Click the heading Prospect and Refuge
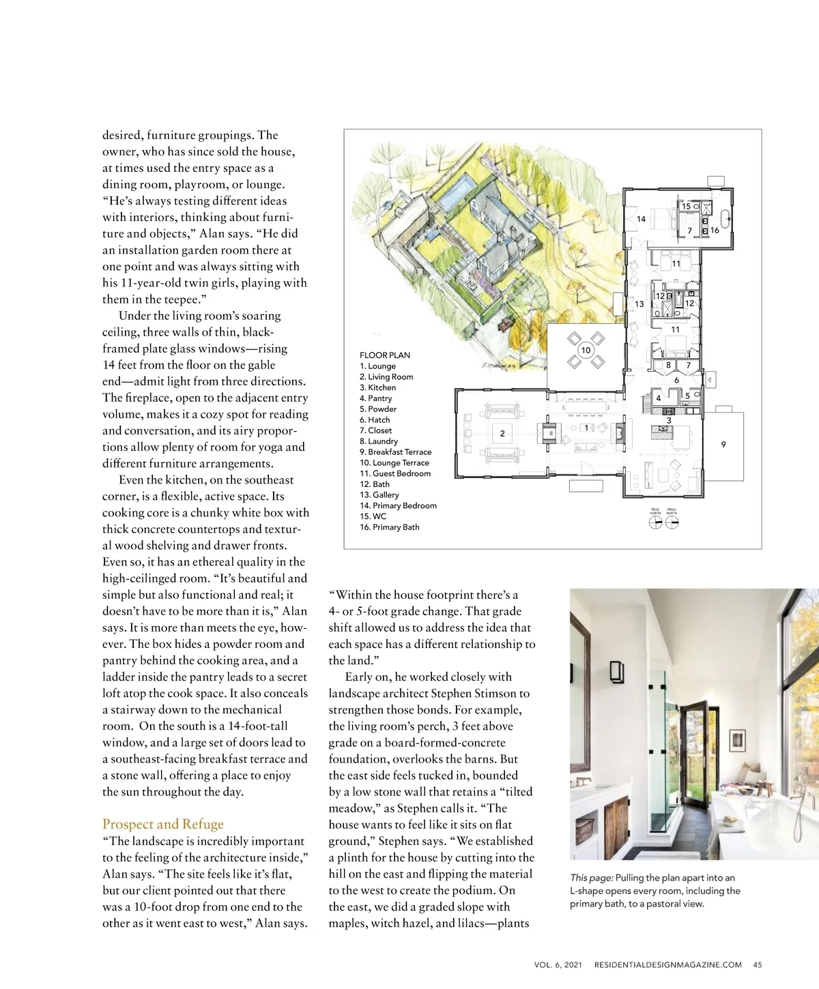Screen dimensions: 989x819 click(x=163, y=824)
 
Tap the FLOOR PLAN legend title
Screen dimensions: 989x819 click(x=385, y=355)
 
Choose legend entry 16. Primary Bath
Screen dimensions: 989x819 click(x=389, y=527)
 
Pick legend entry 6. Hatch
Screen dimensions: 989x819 click(x=375, y=420)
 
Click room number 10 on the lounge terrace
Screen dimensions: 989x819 click(x=586, y=350)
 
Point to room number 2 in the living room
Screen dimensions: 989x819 click(x=502, y=433)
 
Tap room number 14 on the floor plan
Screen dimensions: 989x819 click(x=641, y=219)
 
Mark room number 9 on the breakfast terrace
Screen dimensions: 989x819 click(x=723, y=445)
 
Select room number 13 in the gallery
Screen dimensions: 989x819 click(x=640, y=304)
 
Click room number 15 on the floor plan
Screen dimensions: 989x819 click(x=686, y=206)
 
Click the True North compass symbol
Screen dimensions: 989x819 click(x=655, y=522)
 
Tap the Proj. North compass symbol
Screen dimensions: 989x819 click(x=672, y=522)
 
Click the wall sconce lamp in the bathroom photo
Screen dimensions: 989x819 click(x=617, y=671)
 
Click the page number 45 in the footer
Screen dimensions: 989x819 click(x=758, y=964)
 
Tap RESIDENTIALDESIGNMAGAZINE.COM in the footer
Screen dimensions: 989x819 click(x=667, y=964)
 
